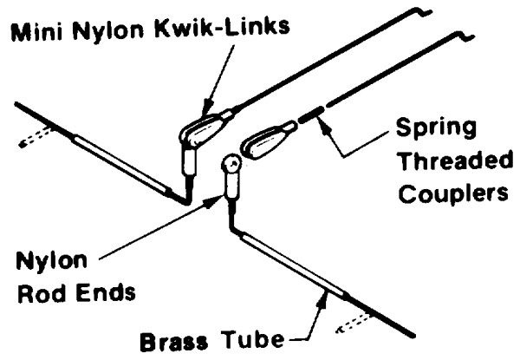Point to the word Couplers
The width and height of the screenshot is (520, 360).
[x=450, y=193]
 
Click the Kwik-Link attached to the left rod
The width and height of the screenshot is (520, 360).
[x=202, y=125]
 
